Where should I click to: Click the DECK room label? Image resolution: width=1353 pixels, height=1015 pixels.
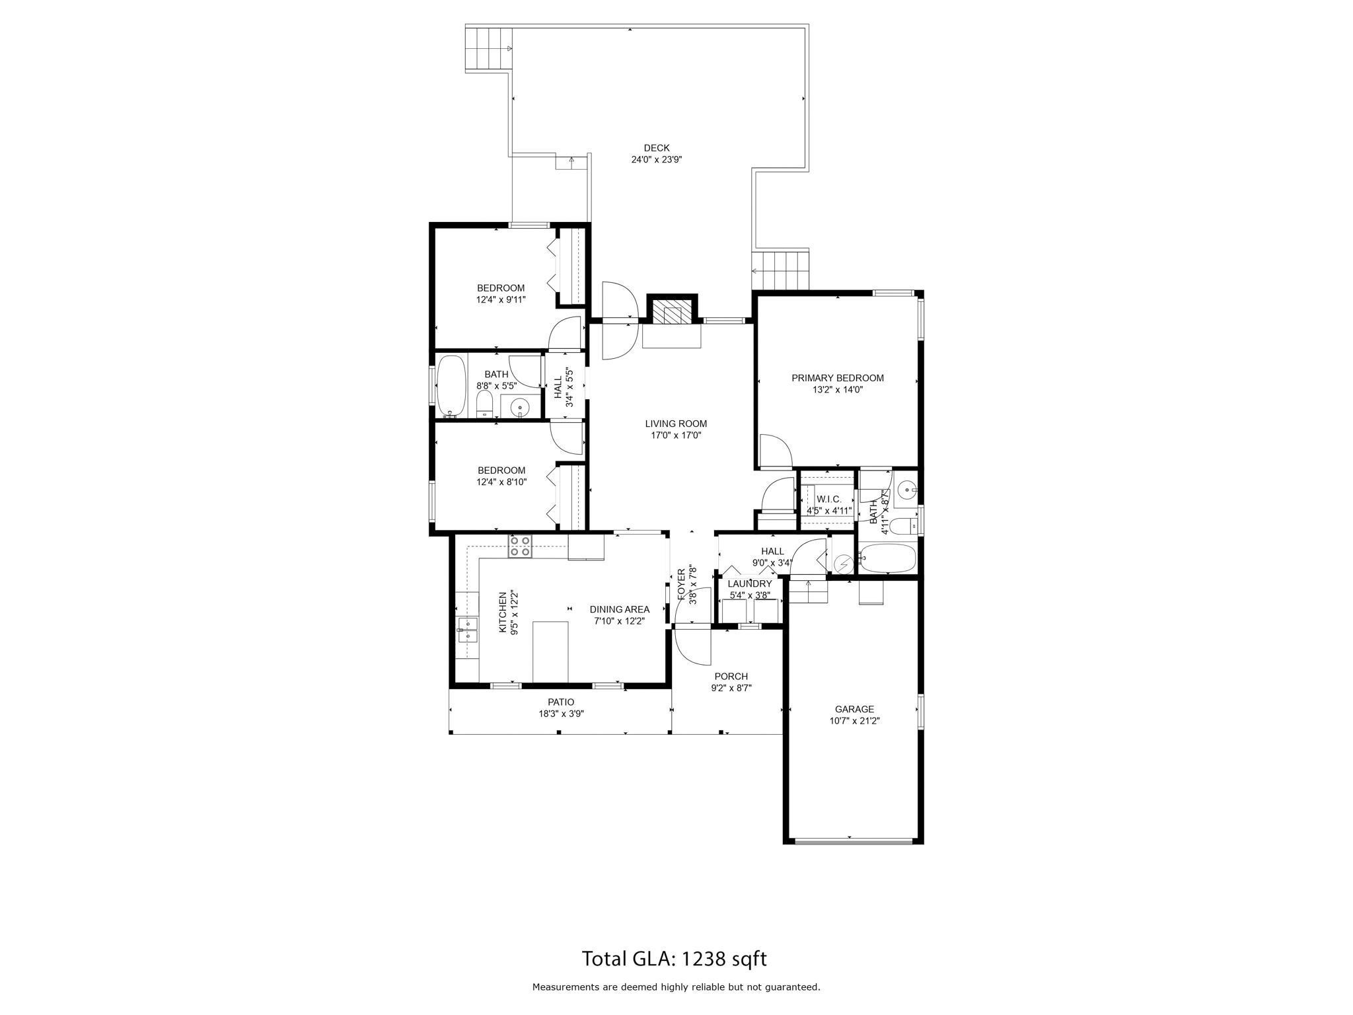[x=657, y=148]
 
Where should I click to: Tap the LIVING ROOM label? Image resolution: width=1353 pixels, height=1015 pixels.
[x=676, y=424]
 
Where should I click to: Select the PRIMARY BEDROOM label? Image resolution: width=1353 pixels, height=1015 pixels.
[x=838, y=379]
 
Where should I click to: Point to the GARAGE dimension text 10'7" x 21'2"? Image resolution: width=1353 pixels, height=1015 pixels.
[x=855, y=721]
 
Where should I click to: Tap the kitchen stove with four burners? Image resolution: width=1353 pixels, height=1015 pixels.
[x=519, y=546]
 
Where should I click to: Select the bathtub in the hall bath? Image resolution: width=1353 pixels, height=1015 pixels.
[x=452, y=387]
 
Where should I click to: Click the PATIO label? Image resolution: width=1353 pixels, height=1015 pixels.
[x=561, y=702]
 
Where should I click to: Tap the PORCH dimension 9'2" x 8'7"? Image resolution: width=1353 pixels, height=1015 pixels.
[x=731, y=688]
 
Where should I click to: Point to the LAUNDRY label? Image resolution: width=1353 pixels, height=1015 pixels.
[x=750, y=584]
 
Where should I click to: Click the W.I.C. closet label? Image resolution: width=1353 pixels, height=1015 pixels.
[x=829, y=499]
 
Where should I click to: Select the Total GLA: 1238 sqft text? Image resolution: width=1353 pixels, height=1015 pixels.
[x=674, y=959]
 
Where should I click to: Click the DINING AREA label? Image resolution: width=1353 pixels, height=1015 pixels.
[x=620, y=609]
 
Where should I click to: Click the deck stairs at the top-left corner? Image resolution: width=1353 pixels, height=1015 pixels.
[x=490, y=49]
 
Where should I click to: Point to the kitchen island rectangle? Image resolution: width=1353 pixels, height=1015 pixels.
[x=550, y=652]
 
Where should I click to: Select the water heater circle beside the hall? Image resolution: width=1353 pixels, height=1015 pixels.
[x=844, y=564]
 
